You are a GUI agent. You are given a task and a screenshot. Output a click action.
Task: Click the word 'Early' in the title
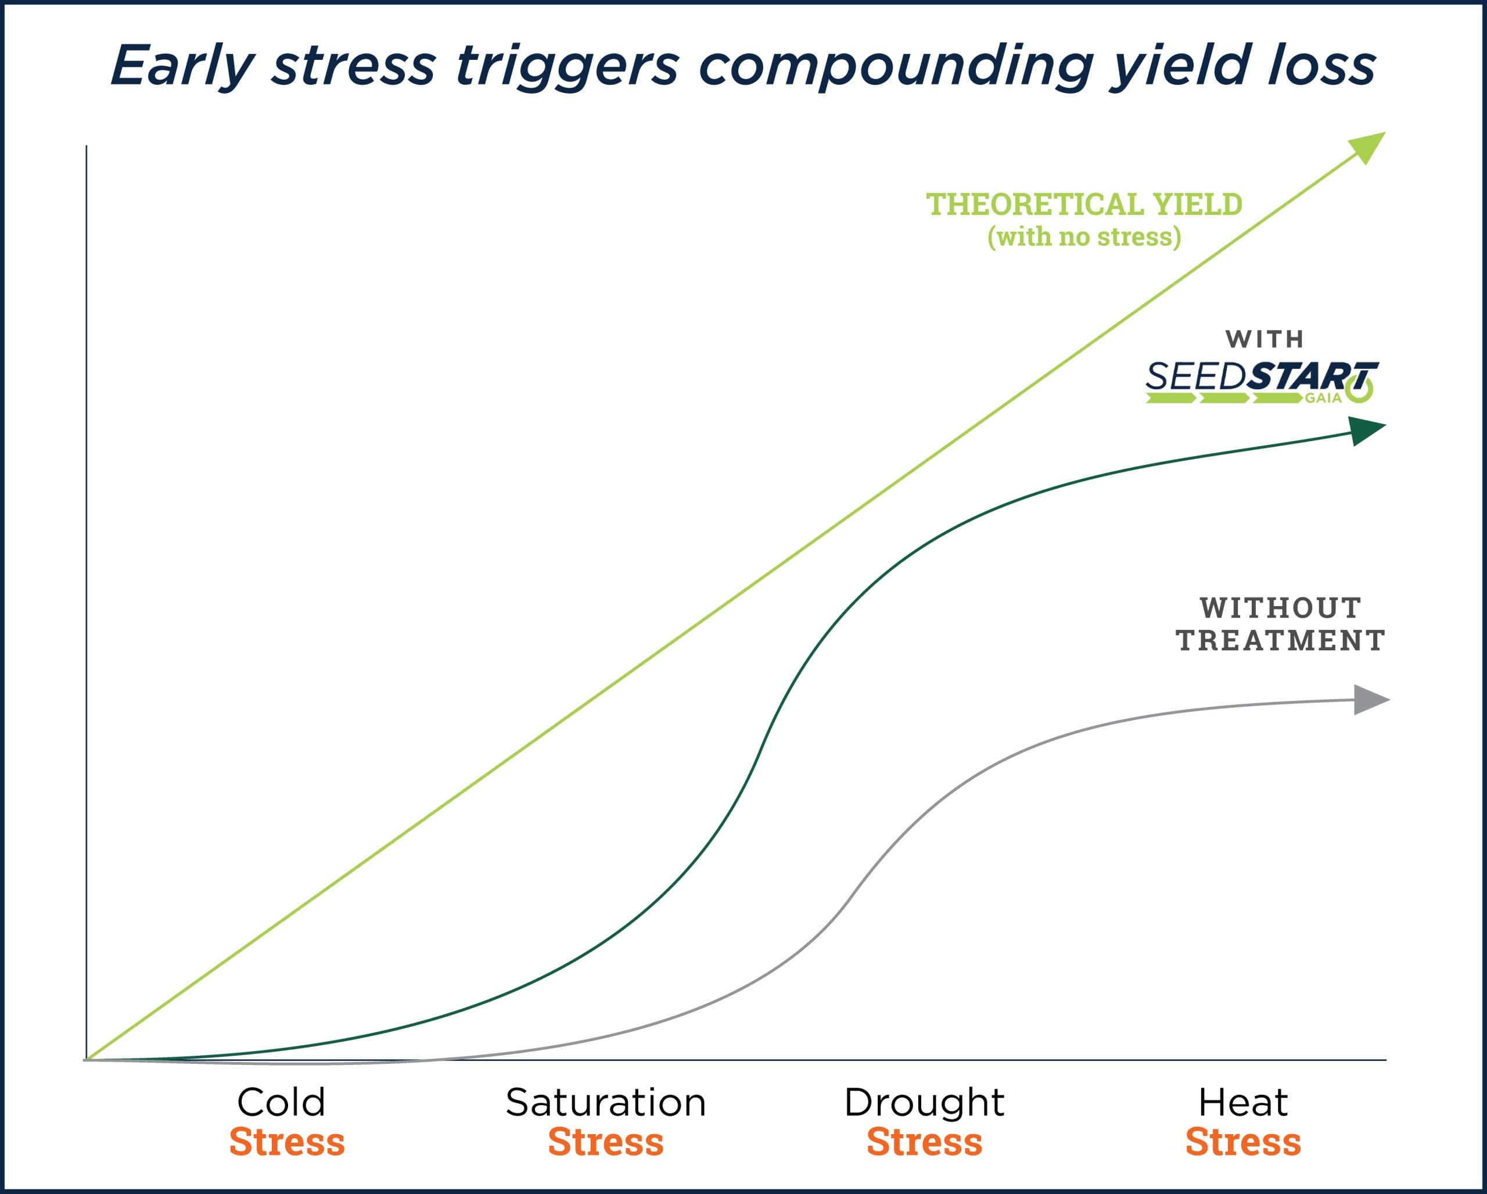[183, 67]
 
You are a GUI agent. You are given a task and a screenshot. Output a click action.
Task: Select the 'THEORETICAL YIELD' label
[1083, 205]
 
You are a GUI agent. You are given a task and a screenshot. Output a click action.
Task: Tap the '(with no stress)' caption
[1083, 236]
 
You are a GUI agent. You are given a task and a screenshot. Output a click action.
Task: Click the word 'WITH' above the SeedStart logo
[1264, 339]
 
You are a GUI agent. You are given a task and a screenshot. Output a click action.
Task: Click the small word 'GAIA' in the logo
[1323, 398]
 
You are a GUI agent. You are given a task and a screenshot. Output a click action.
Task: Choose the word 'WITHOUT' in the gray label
[1280, 608]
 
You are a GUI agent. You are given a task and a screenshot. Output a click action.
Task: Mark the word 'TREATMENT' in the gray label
[1280, 641]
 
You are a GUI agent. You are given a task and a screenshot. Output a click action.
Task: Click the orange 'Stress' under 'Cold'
[287, 1142]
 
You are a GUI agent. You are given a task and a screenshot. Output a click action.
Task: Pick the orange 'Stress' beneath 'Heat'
[1243, 1142]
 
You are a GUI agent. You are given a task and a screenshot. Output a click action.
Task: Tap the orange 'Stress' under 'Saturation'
[606, 1142]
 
